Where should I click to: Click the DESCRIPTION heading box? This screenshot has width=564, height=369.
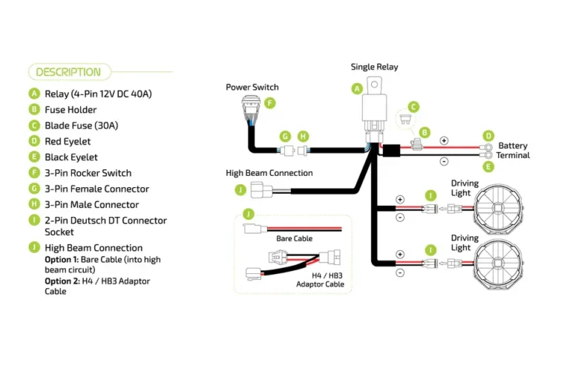69,72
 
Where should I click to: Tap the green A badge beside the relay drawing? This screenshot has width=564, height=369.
357,88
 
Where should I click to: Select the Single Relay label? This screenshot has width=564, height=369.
374,67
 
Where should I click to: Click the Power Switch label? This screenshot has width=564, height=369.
252,88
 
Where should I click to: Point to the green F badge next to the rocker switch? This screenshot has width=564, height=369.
270,103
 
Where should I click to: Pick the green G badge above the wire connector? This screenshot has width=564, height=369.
285,137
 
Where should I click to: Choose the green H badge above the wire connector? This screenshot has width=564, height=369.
302,137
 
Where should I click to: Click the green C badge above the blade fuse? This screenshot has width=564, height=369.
414,107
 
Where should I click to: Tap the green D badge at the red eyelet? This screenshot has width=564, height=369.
488,136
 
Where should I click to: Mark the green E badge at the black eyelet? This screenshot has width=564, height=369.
488,166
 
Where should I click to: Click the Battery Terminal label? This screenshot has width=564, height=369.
514,151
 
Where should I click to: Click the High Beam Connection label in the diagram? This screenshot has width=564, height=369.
269,173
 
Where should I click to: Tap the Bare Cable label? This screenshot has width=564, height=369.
294,239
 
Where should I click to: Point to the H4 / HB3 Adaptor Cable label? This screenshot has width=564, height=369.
320,279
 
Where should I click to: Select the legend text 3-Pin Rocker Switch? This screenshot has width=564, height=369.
88,173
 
